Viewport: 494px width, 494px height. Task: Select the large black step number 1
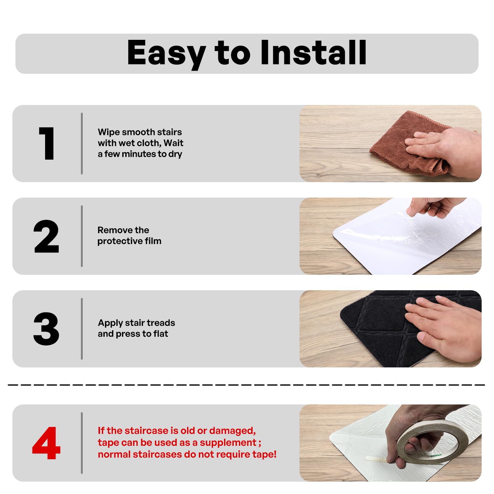pyautogui.click(x=47, y=144)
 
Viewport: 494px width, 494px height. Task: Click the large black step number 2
pyautogui.click(x=46, y=236)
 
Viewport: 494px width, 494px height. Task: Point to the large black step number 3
pyautogui.click(x=46, y=329)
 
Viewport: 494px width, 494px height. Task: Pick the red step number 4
pyautogui.click(x=46, y=443)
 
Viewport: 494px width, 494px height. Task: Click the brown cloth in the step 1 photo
pyautogui.click(x=408, y=145)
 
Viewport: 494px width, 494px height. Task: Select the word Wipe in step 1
pyautogui.click(x=109, y=132)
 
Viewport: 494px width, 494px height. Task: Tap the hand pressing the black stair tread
pyautogui.click(x=445, y=327)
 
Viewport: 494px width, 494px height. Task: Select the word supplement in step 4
pyautogui.click(x=228, y=443)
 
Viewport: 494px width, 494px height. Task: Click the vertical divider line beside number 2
pyautogui.click(x=82, y=236)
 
